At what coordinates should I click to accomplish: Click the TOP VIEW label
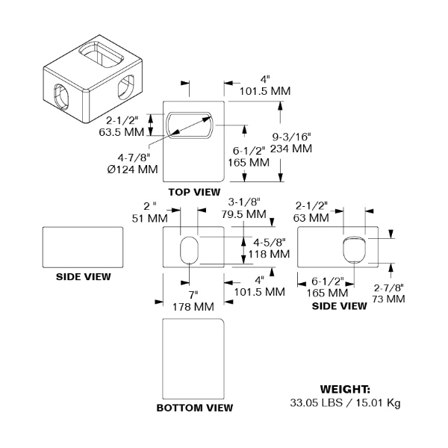point(194,192)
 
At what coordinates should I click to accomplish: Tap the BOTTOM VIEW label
point(195,408)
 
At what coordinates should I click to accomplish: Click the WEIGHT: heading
point(345,389)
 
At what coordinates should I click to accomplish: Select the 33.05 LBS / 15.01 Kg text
point(345,402)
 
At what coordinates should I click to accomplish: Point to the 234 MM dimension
point(291,149)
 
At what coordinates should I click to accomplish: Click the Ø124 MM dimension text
point(133,169)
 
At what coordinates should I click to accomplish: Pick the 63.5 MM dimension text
point(122,132)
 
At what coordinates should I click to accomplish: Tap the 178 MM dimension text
point(193,307)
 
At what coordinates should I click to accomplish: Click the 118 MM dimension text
point(269,254)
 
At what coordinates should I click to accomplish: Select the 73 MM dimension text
point(388,299)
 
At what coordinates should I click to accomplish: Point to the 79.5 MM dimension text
point(243,214)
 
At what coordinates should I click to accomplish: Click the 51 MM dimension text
point(150,219)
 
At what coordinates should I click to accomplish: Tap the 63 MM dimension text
point(311,218)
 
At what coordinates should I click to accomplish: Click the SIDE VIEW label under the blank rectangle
point(83,276)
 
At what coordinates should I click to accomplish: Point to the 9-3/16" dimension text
point(291,137)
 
